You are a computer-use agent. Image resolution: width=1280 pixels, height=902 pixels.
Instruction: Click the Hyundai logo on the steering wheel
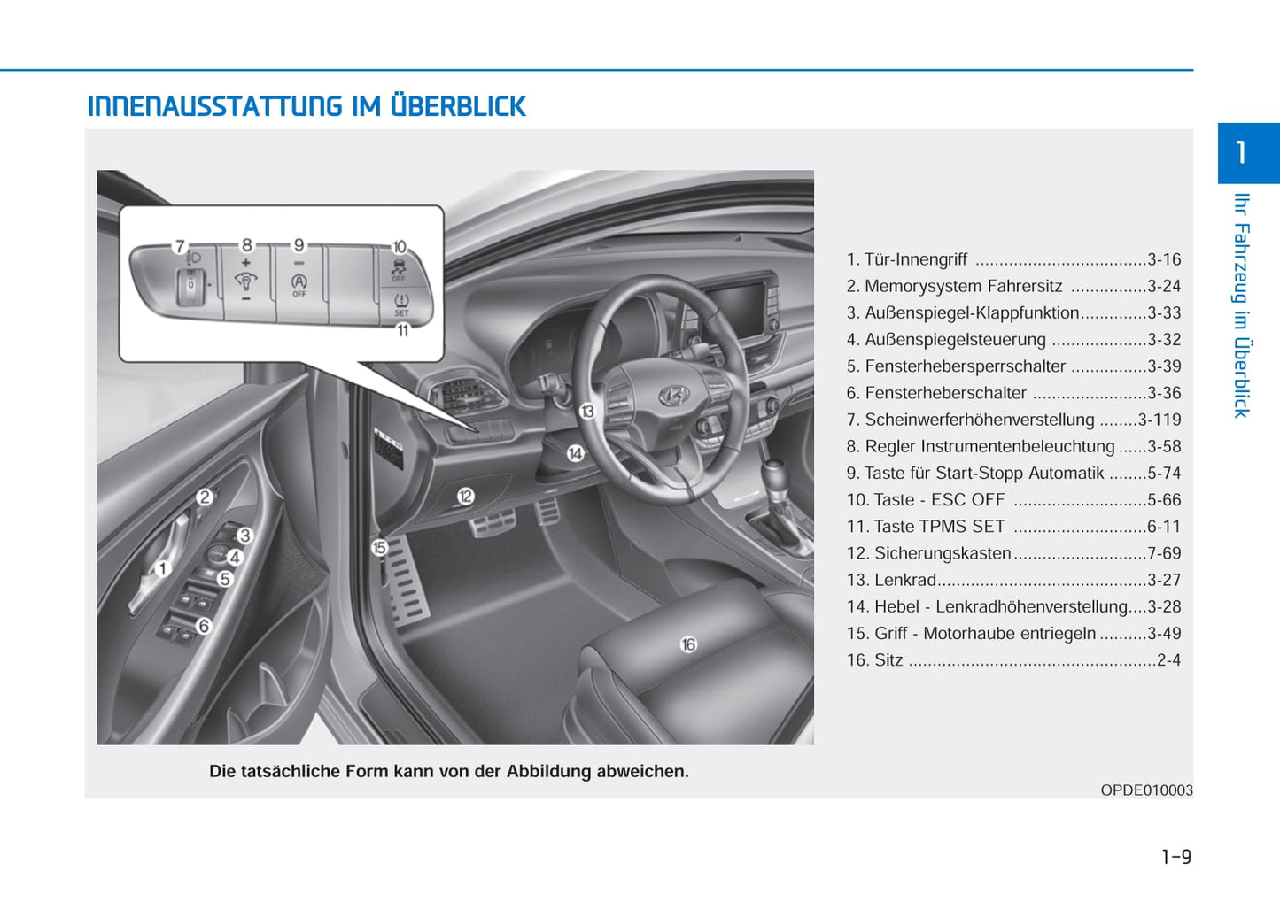[x=674, y=396]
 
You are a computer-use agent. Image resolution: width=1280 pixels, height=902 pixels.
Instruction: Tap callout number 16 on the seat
[x=688, y=644]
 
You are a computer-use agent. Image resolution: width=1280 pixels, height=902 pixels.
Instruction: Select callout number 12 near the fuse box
[x=466, y=497]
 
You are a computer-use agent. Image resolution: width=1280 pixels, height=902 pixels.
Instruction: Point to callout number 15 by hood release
[x=379, y=548]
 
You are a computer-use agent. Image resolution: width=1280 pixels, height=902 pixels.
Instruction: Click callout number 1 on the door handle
[x=163, y=568]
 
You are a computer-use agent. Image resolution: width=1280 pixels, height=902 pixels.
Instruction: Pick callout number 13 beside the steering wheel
[x=587, y=411]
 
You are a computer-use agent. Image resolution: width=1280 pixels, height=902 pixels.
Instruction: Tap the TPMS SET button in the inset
[x=401, y=304]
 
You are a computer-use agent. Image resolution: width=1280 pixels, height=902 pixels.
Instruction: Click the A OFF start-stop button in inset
[x=299, y=283]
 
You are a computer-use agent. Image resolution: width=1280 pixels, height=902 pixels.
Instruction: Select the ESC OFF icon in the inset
[x=399, y=266]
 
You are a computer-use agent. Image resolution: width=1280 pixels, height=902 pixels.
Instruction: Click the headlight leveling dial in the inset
[x=190, y=285]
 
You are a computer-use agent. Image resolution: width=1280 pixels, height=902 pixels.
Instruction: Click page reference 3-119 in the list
[x=1159, y=420]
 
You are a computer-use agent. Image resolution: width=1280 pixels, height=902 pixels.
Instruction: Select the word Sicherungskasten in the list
[x=943, y=553]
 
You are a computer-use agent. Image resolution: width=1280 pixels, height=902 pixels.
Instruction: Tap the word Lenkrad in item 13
[x=905, y=580]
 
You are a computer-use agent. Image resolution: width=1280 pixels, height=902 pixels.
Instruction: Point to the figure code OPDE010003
[x=1146, y=790]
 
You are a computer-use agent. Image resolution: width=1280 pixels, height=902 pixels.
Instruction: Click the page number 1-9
[x=1175, y=856]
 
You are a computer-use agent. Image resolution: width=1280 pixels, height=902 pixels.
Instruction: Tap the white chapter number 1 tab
[x=1242, y=152]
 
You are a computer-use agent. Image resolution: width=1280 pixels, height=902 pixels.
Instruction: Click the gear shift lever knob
[x=773, y=468]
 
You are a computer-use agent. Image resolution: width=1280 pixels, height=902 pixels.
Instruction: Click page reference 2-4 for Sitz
[x=1168, y=659]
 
